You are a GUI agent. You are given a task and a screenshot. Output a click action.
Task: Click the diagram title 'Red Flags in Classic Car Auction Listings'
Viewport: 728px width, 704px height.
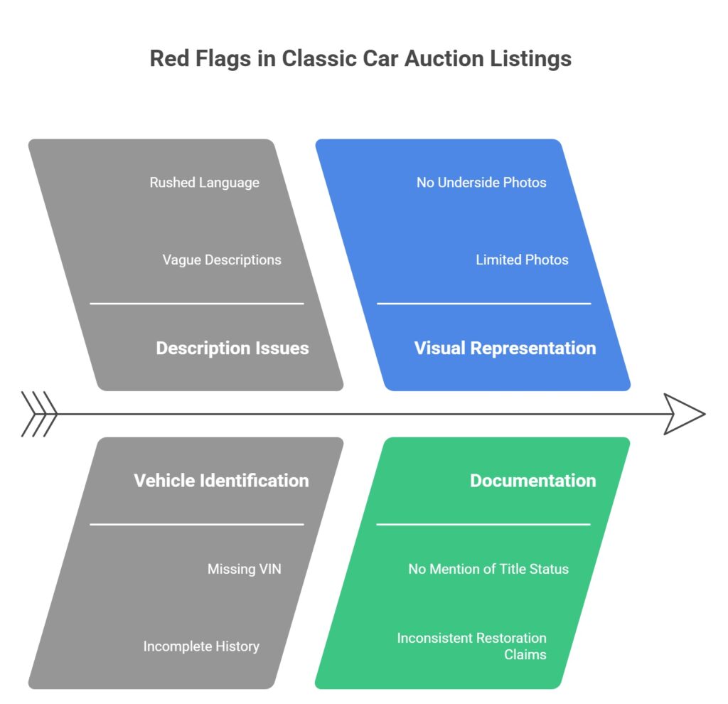click(360, 58)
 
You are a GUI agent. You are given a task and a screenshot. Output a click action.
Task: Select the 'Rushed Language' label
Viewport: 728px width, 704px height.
click(204, 183)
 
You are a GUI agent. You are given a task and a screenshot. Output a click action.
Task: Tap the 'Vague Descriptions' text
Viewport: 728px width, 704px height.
click(221, 260)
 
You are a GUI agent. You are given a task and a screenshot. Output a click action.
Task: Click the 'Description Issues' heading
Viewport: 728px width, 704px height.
click(232, 348)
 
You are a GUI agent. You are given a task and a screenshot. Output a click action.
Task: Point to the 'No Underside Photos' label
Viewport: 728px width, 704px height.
click(481, 183)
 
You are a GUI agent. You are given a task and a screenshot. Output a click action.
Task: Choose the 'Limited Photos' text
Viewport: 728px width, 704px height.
click(522, 260)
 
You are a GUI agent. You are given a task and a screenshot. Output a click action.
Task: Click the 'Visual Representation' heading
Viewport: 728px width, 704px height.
click(505, 348)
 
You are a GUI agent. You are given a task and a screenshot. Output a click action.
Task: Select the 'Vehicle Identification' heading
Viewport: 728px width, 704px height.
click(221, 480)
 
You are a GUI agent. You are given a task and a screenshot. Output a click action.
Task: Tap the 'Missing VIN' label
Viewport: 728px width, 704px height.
click(244, 569)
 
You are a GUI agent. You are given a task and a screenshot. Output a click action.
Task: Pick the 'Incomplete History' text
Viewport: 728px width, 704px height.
click(201, 646)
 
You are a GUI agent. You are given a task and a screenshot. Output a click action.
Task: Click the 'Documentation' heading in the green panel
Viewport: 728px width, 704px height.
click(532, 480)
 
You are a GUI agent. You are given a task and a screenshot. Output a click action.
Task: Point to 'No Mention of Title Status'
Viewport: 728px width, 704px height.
click(488, 569)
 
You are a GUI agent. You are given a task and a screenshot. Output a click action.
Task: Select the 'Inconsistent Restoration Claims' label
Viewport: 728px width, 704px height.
click(471, 646)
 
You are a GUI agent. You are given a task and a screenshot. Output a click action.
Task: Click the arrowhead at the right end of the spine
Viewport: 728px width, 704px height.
click(684, 413)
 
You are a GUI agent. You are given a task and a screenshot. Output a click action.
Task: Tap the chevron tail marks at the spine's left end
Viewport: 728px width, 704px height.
click(39, 413)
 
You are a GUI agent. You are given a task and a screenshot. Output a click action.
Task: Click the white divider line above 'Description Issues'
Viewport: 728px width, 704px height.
click(196, 304)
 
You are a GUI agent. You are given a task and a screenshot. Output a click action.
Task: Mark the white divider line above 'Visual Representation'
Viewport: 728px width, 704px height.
click(483, 304)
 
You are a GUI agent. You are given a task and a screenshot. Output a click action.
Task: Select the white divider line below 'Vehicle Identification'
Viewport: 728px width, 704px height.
click(196, 525)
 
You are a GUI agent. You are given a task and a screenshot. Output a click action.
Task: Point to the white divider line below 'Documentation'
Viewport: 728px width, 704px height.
click(483, 525)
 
